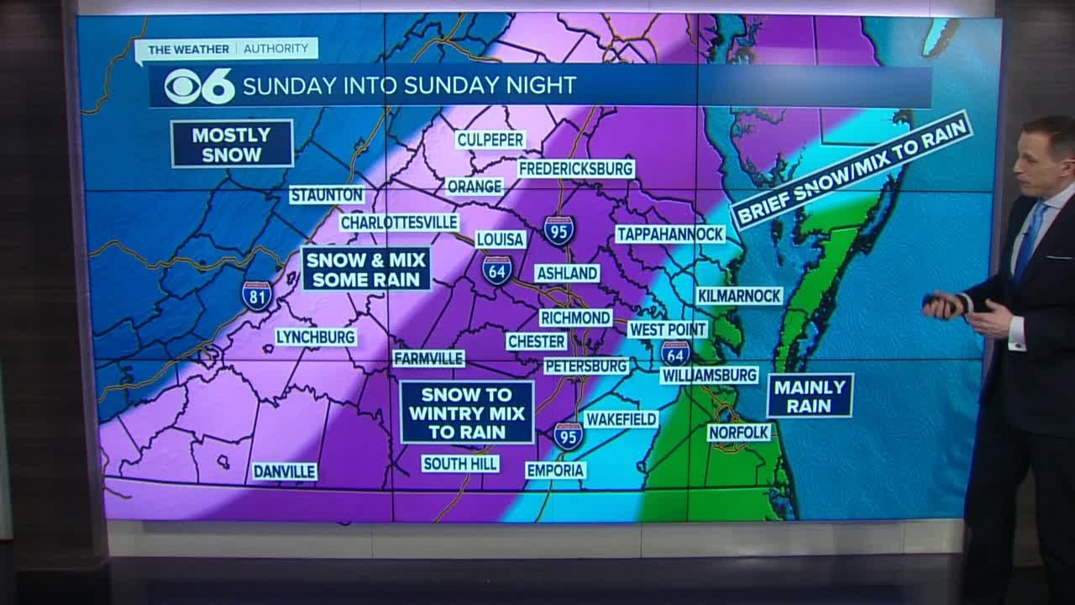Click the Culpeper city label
coord(490,139)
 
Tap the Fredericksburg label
coord(575,168)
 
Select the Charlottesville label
coord(399,223)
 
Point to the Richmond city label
coord(575,318)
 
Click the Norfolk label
coord(739,432)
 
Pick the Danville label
coord(285,471)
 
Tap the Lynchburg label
coord(316,337)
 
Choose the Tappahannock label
coord(669,234)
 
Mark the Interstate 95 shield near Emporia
coord(569,435)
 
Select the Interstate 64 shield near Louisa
coord(496,270)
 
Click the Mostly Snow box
coord(232,144)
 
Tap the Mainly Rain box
coord(810,396)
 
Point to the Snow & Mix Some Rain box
coord(366,268)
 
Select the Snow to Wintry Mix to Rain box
coord(466,412)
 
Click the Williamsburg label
coord(709,375)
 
